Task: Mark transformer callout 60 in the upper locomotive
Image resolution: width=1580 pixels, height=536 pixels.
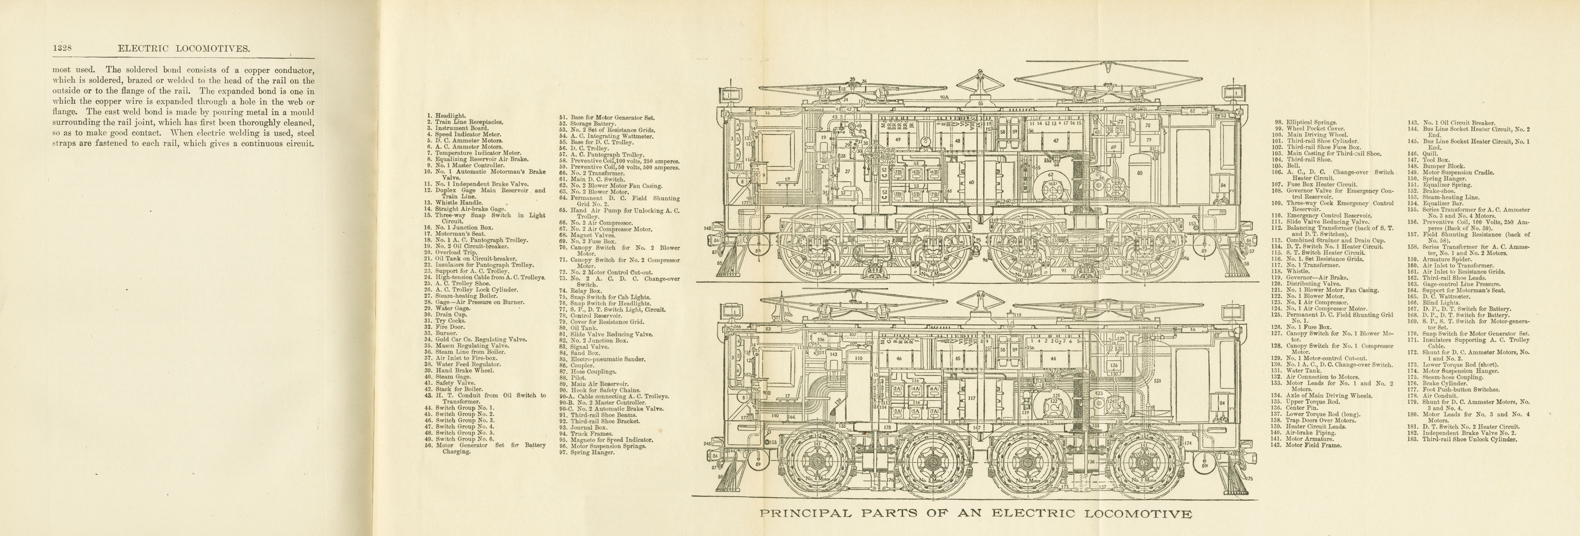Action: click(x=971, y=182)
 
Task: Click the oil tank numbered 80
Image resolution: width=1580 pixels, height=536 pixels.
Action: click(x=1139, y=173)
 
